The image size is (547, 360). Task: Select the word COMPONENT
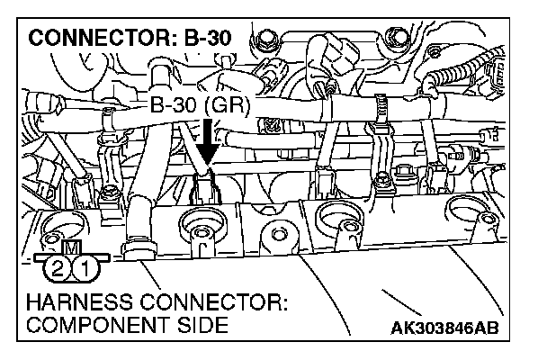(x=86, y=326)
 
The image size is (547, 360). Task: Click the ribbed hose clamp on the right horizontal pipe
(x=381, y=109)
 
